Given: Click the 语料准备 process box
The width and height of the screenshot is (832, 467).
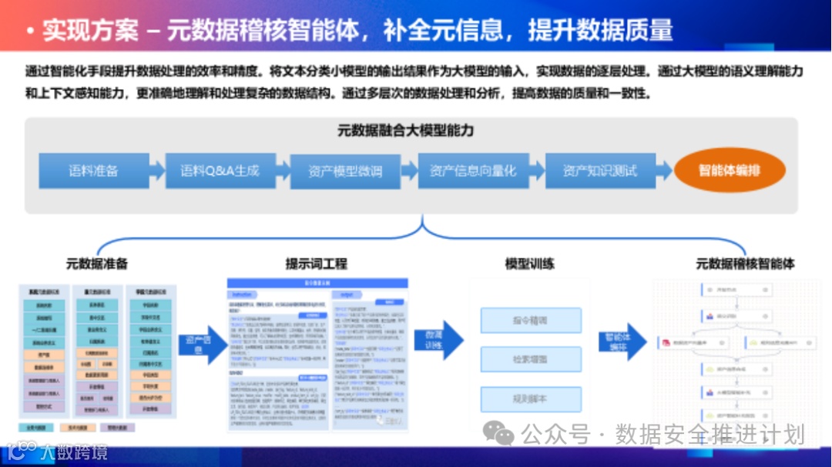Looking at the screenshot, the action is [x=93, y=171].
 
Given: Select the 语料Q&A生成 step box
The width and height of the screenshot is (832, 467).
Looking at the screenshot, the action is [x=220, y=171].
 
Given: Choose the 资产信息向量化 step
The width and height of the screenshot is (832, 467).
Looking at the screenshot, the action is [x=472, y=171].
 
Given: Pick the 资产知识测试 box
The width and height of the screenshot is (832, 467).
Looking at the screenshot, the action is [x=599, y=171].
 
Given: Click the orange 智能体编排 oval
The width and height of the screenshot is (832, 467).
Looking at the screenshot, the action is [x=729, y=171].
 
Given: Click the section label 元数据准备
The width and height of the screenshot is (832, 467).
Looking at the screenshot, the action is [x=97, y=264].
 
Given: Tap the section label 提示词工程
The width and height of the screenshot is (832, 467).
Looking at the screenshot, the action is [x=316, y=264].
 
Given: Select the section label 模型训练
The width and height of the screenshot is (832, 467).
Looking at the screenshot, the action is [x=529, y=264].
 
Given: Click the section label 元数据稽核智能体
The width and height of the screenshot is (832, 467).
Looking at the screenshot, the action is [x=745, y=264].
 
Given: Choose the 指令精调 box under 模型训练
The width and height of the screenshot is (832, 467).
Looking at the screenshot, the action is [x=530, y=320].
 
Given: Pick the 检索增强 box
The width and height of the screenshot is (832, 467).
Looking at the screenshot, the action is [x=530, y=359].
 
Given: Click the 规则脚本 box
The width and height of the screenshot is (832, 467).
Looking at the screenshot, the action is [x=530, y=399].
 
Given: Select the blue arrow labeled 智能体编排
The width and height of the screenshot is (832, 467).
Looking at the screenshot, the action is [x=620, y=342].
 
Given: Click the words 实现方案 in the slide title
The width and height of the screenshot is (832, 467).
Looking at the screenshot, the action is [x=90, y=29].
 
